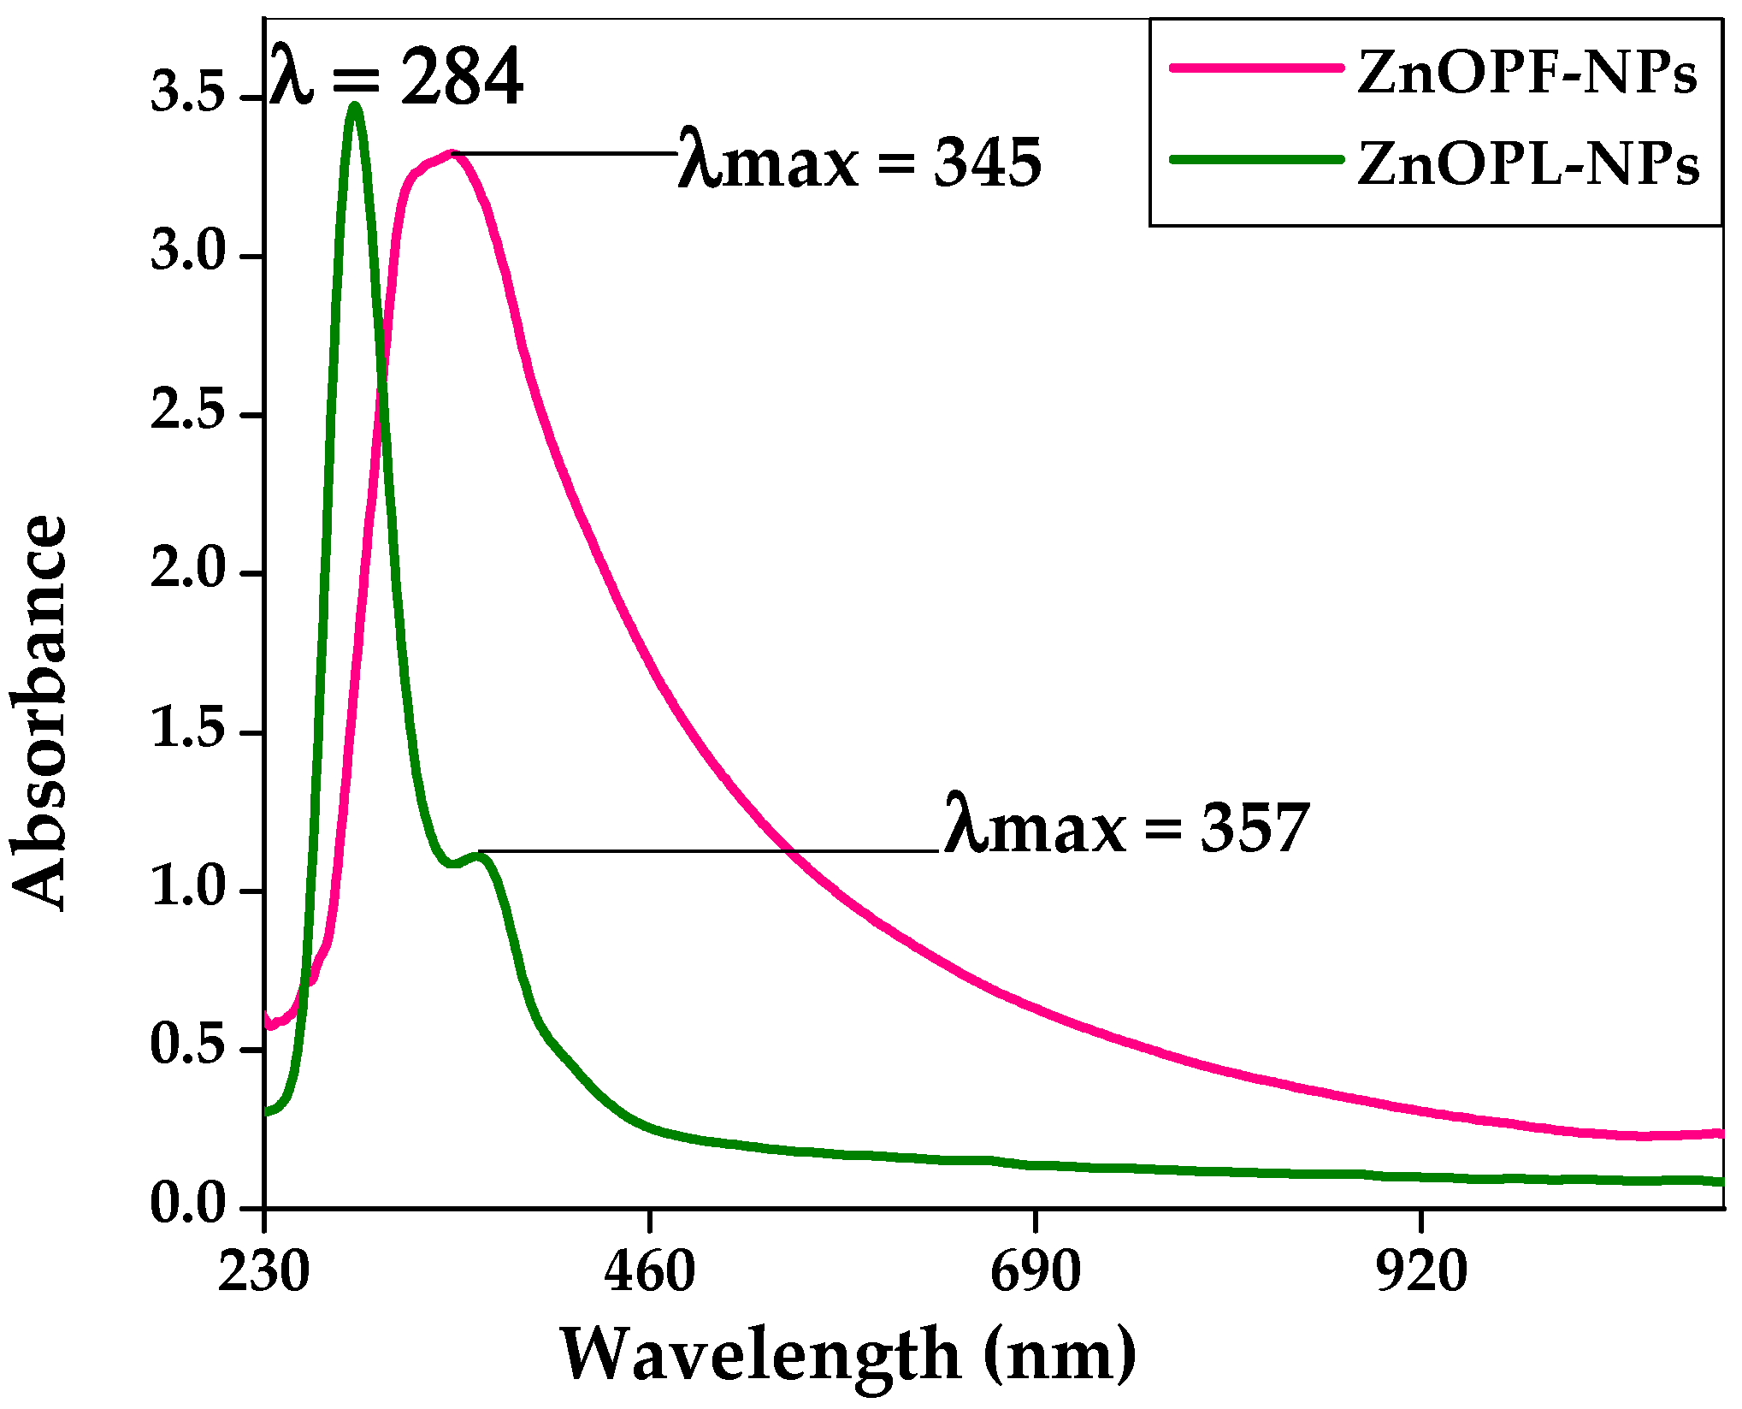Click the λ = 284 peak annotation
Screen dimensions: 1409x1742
[x=396, y=79]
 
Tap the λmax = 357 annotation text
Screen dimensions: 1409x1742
[x=1126, y=827]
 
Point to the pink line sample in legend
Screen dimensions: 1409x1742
[x=1255, y=68]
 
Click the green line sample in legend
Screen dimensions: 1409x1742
[x=1255, y=159]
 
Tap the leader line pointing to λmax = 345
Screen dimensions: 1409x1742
[x=564, y=154]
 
